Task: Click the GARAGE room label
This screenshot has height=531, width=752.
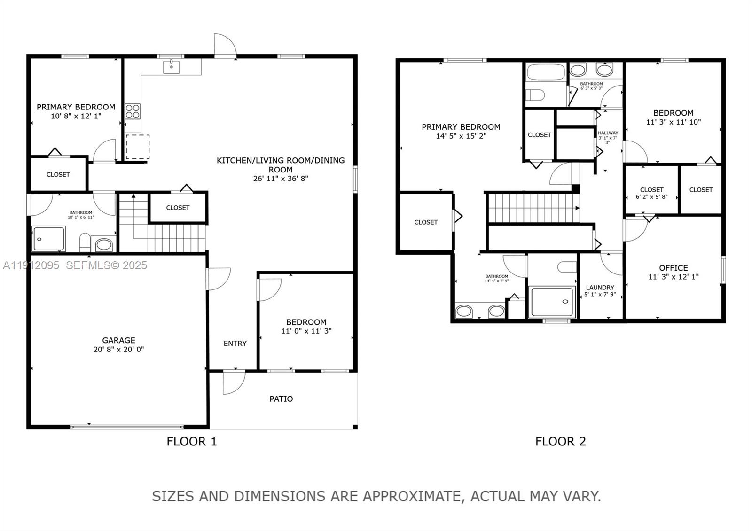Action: (118, 340)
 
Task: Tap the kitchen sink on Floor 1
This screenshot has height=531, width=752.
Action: (172, 67)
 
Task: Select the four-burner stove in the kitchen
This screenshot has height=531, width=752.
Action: (133, 111)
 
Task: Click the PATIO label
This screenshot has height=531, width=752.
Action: (281, 399)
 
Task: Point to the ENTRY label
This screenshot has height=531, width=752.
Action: (235, 344)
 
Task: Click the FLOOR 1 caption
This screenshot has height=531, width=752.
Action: (192, 441)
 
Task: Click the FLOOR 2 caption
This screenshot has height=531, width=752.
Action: (561, 441)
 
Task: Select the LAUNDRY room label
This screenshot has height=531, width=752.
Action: (600, 288)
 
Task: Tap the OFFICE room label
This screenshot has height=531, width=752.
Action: (673, 268)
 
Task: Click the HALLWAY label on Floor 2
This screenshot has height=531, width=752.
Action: (608, 133)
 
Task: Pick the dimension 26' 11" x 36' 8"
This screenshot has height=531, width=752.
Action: (281, 179)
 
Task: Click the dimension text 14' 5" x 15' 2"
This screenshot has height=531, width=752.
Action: (461, 136)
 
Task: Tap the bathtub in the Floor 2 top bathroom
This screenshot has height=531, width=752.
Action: (546, 73)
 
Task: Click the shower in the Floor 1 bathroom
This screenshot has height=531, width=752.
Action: (49, 239)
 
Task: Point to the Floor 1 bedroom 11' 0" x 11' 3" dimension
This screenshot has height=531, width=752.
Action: (306, 331)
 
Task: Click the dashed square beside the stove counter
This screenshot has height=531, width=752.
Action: (137, 147)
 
